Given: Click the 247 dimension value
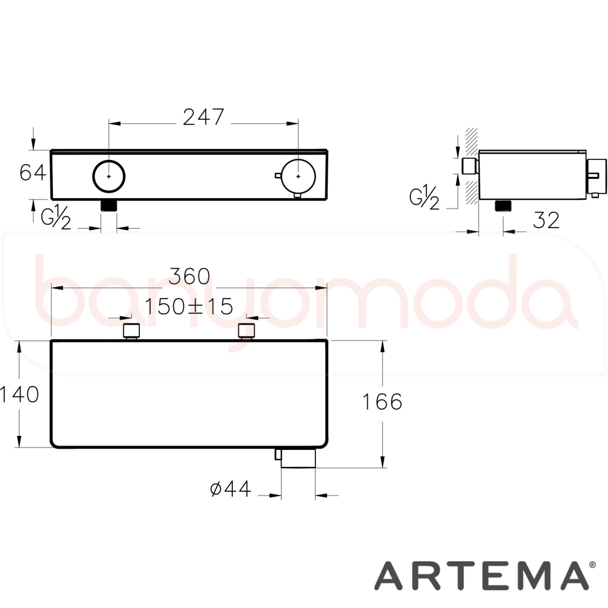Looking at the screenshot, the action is point(204,117).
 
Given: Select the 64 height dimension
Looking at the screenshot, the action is point(33,173).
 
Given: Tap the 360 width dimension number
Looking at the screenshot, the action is point(190,276).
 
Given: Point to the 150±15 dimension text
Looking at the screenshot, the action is point(189,306).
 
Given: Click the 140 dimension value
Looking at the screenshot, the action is point(20,395).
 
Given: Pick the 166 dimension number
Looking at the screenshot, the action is point(382,402).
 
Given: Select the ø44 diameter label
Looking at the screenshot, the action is point(230,489).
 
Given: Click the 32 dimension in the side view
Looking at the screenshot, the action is point(547,220).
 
